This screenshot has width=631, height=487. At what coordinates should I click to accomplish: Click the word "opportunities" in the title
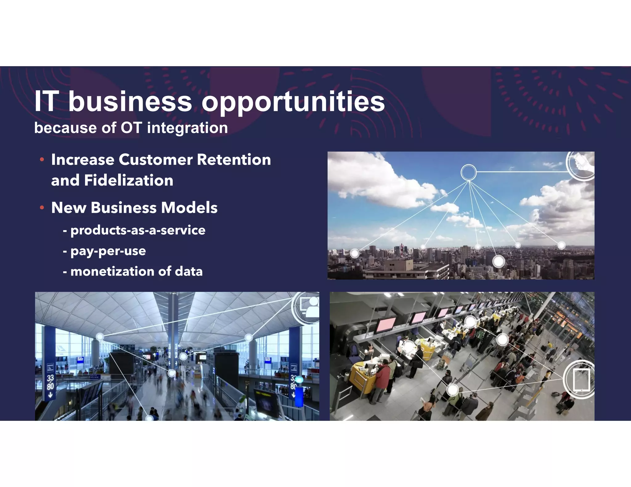pos(293,102)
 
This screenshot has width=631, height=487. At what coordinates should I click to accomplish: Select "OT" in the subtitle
pos(131,128)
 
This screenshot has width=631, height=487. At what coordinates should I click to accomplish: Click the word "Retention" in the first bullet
pos(234,160)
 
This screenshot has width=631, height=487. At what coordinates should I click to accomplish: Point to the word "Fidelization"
pos(128,180)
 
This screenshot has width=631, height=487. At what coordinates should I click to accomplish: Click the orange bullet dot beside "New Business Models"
pos(42,208)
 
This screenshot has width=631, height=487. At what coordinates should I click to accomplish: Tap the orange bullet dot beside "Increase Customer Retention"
pos(42,159)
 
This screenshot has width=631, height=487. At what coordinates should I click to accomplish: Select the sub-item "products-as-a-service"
pos(138,230)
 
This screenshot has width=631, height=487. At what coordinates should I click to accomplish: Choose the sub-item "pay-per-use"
pos(108,251)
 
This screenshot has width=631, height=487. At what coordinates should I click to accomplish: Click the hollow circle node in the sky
pos(468,172)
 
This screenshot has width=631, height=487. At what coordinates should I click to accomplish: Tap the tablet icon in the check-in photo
pos(581,379)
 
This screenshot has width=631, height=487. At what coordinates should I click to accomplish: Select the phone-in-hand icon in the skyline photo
pos(582,163)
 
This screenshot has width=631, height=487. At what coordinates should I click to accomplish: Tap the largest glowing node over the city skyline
pos(498,261)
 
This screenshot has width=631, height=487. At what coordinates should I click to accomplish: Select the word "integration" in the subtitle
pos(187,128)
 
